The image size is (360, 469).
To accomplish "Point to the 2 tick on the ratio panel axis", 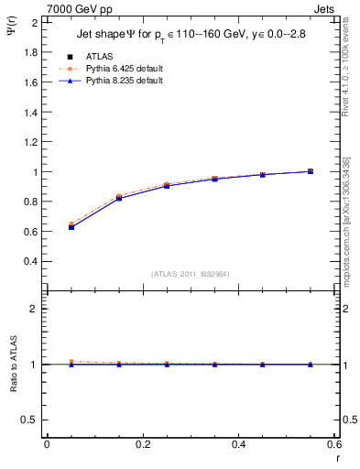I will (x=36, y=309).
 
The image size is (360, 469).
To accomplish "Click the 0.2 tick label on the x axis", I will (x=142, y=444).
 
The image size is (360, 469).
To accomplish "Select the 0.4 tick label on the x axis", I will (x=238, y=444).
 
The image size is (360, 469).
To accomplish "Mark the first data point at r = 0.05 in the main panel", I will (x=71, y=225).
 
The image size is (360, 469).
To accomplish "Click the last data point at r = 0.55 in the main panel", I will (x=311, y=171).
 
